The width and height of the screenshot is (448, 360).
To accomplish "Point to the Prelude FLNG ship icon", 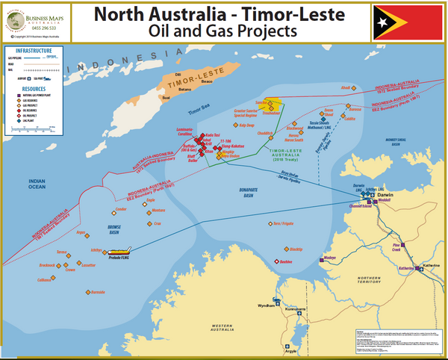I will (x=122, y=252).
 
